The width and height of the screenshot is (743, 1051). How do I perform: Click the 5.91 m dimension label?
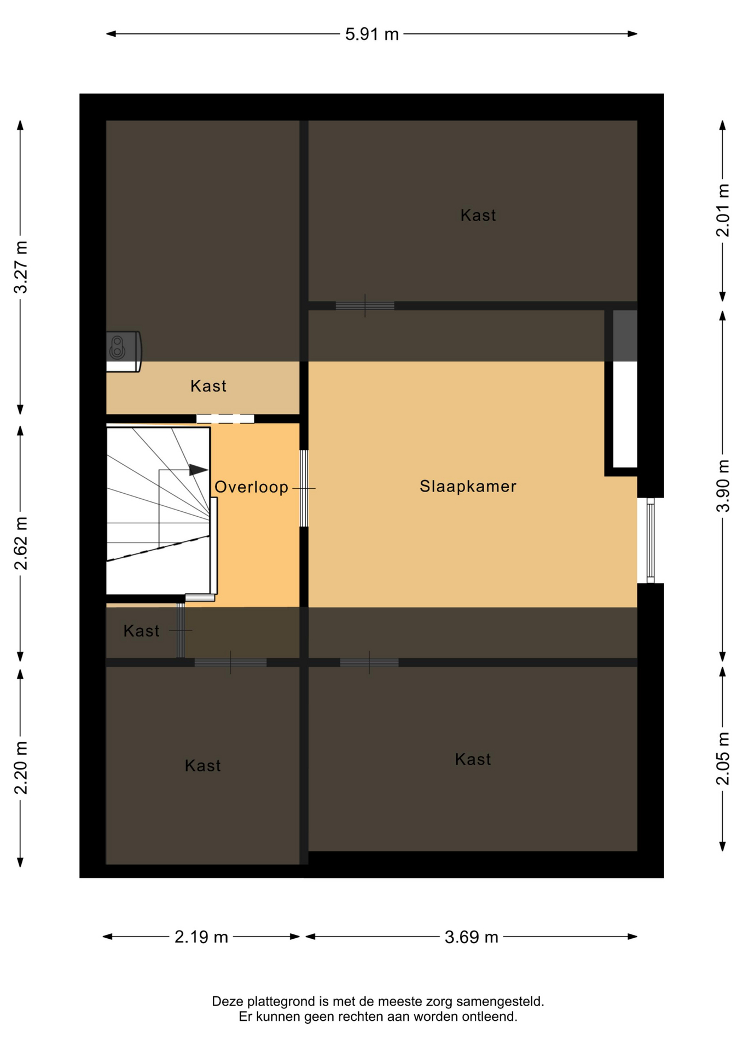click(x=372, y=34)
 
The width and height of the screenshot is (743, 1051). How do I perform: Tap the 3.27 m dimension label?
click(x=21, y=267)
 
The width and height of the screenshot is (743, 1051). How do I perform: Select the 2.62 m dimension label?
click(x=21, y=543)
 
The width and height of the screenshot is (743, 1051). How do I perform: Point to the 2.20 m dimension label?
click(x=21, y=767)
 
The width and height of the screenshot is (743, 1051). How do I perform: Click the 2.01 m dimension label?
click(x=723, y=210)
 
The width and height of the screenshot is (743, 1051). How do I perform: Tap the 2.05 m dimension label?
click(x=723, y=758)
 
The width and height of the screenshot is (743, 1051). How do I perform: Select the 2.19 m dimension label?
click(x=201, y=937)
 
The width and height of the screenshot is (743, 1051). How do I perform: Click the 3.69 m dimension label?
click(x=471, y=937)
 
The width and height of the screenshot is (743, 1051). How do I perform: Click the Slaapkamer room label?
click(x=468, y=486)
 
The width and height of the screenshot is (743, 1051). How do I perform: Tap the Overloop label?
click(x=251, y=487)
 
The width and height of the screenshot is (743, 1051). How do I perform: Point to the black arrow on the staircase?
click(x=199, y=470)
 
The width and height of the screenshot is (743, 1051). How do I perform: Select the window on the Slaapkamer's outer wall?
click(x=651, y=540)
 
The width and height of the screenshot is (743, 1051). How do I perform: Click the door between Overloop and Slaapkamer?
click(x=304, y=488)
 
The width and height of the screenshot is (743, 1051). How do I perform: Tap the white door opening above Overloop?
click(x=225, y=419)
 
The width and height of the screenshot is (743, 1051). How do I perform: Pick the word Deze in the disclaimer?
click(x=228, y=1002)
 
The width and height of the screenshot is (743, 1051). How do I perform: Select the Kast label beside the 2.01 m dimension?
click(x=478, y=215)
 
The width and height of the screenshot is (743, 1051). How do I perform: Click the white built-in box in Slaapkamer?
click(x=625, y=414)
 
